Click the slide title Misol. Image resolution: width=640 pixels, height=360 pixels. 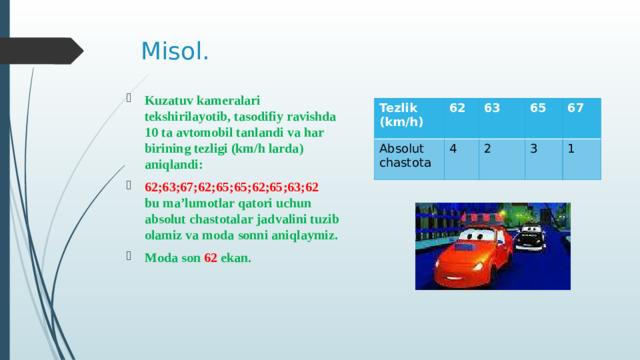click(x=175, y=51)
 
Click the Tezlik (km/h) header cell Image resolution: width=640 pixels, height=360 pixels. click(x=400, y=114)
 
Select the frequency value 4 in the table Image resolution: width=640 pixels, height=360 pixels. click(x=454, y=147)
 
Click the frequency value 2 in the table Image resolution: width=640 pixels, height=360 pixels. click(x=486, y=147)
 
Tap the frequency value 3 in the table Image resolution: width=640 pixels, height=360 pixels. click(x=534, y=147)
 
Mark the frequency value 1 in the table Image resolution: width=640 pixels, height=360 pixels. click(x=570, y=147)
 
